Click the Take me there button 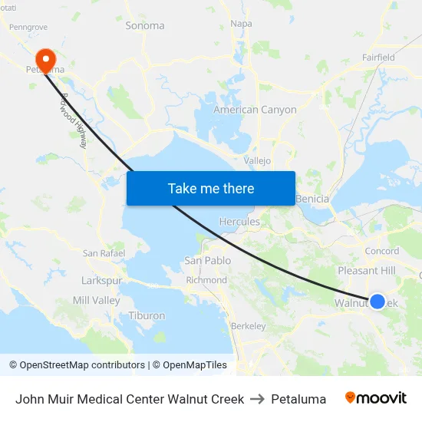pyautogui.click(x=211, y=188)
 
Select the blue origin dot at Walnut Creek pyautogui.click(x=377, y=302)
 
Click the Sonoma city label pyautogui.click(x=144, y=25)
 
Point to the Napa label pyautogui.click(x=241, y=24)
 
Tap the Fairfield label pyautogui.click(x=378, y=58)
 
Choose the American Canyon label pyautogui.click(x=255, y=110)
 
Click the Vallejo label pyautogui.click(x=257, y=161)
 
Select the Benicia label pyautogui.click(x=312, y=199)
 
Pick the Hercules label pyautogui.click(x=239, y=222)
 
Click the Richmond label pyautogui.click(x=206, y=280)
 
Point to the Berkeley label pyautogui.click(x=249, y=326)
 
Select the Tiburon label pyautogui.click(x=147, y=315)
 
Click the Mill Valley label pyautogui.click(x=96, y=300)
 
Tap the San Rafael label pyautogui.click(x=104, y=253)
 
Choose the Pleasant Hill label pyautogui.click(x=367, y=271)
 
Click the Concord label pyautogui.click(x=381, y=251)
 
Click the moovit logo pyautogui.click(x=376, y=398)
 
